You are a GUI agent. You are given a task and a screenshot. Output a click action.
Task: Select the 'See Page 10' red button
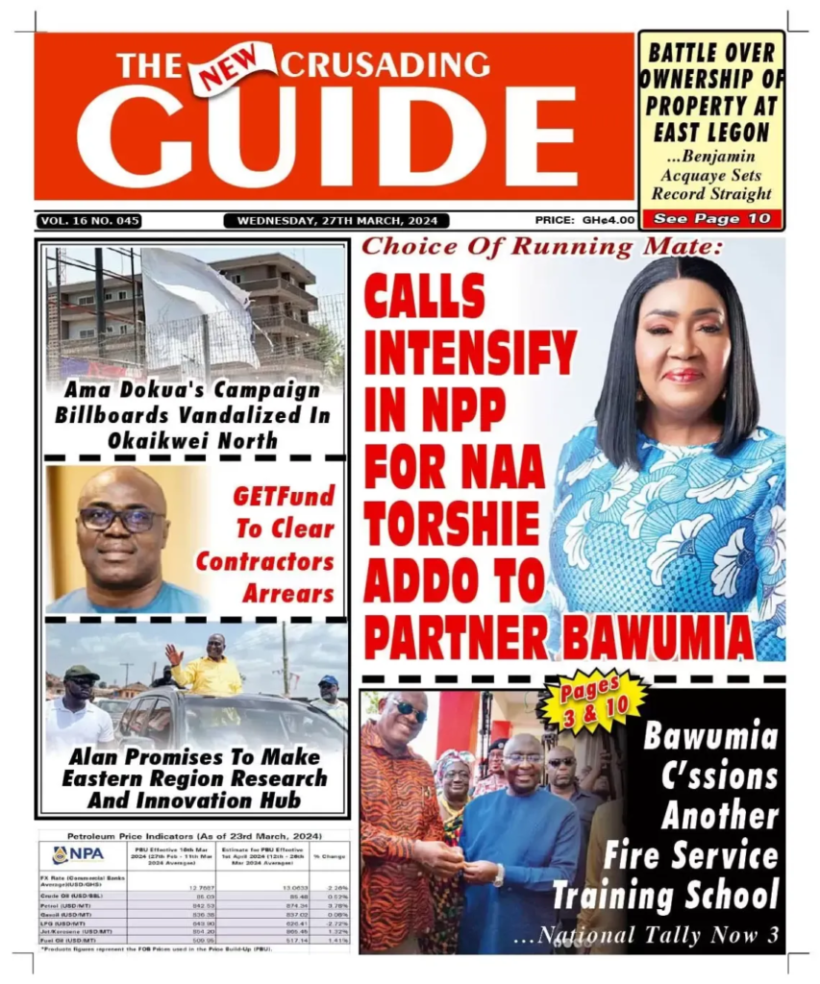pyautogui.click(x=710, y=218)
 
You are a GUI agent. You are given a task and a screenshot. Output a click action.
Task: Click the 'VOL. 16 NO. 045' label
pyautogui.click(x=90, y=221)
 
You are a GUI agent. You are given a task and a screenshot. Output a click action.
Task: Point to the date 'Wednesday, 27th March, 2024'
pyautogui.click(x=335, y=221)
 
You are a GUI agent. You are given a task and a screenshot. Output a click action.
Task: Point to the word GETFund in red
pyautogui.click(x=284, y=497)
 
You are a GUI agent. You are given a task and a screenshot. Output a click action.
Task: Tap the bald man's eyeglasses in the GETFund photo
pyautogui.click(x=121, y=519)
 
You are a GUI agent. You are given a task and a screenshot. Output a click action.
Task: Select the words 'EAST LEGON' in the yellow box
pyautogui.click(x=710, y=131)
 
